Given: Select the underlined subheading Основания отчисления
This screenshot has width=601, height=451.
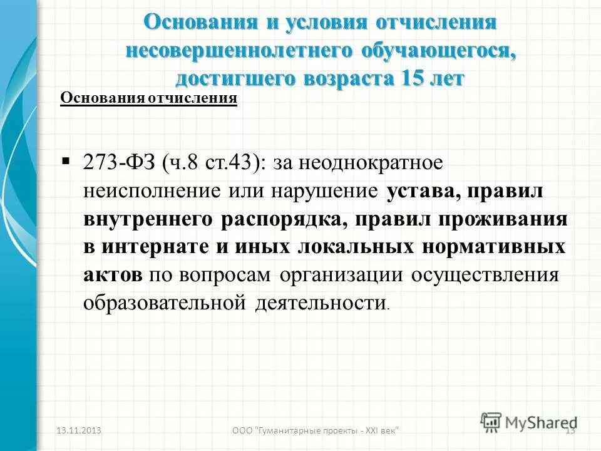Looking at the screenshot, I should tap(148, 99).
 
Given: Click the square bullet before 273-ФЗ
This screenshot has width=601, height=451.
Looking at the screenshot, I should tap(66, 162).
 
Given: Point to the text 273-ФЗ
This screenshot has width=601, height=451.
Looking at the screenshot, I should tap(119, 164).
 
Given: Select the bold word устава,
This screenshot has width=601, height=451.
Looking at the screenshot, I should tap(422, 192).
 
